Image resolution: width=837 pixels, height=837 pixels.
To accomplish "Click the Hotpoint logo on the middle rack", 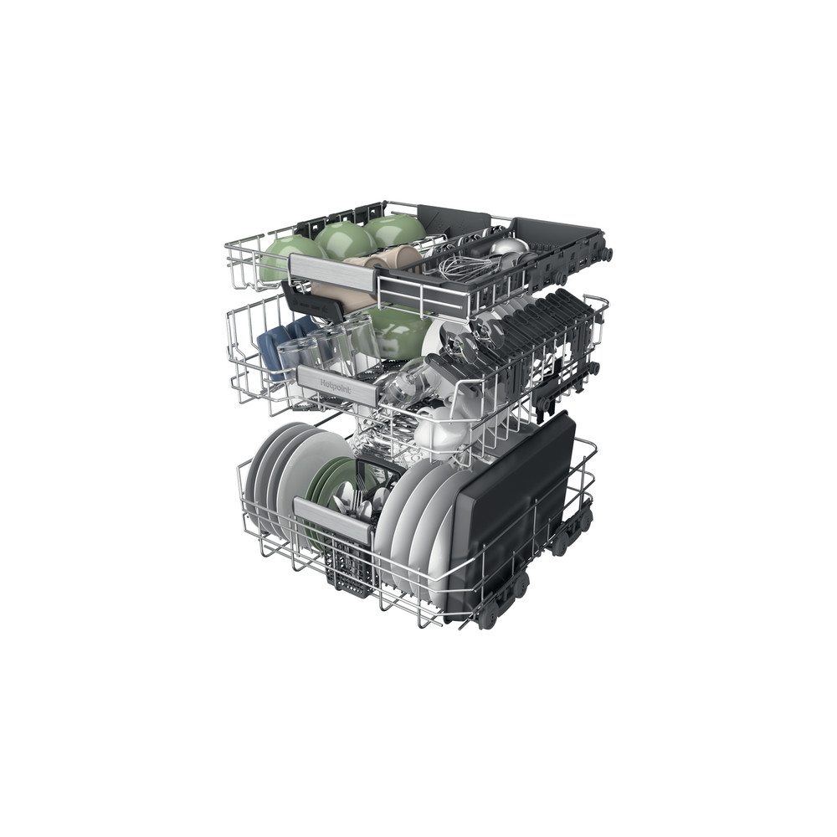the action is click(x=336, y=386).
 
